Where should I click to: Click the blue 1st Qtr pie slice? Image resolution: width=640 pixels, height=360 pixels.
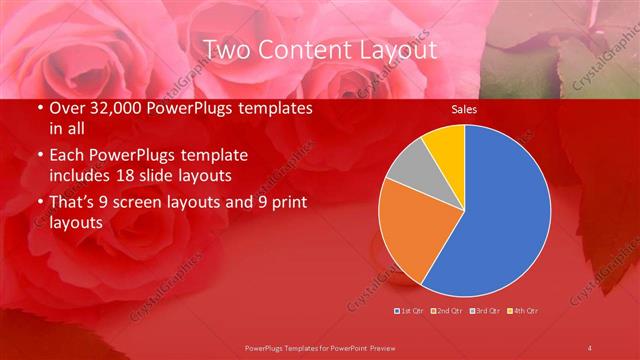[500, 210]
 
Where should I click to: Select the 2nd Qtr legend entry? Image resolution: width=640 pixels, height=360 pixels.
[448, 311]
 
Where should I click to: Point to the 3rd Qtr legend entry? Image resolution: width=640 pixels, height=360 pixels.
[486, 311]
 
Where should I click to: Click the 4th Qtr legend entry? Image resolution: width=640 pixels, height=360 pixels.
[524, 311]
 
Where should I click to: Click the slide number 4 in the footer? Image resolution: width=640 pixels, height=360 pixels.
[591, 347]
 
